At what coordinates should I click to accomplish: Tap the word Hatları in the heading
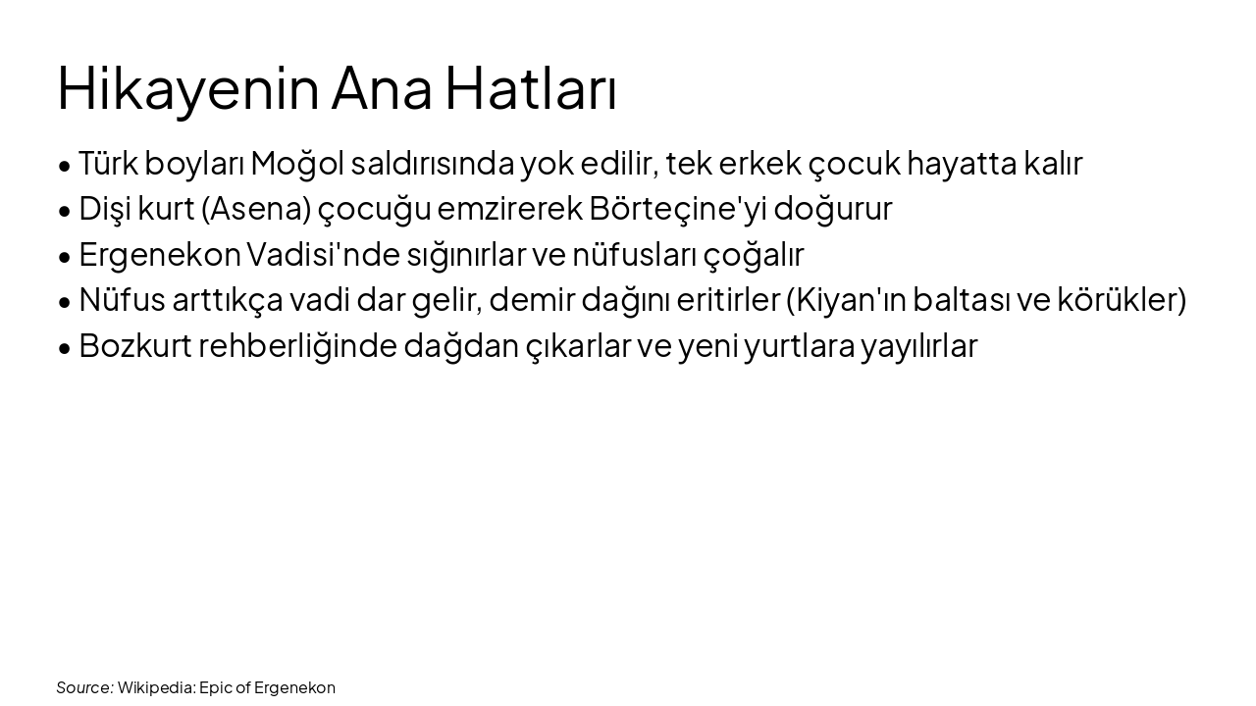pyautogui.click(x=531, y=88)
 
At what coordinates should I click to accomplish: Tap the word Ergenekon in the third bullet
pyautogui.click(x=159, y=255)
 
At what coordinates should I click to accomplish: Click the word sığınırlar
pyautogui.click(x=448, y=255)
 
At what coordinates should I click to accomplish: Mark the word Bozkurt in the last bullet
pyautogui.click(x=134, y=346)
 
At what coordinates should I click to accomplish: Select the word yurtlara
pyautogui.click(x=798, y=346)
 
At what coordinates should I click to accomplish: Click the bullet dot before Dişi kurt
pyautogui.click(x=65, y=211)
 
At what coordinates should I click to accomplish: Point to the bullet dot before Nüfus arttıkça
pyautogui.click(x=65, y=302)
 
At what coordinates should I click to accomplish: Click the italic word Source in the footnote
pyautogui.click(x=83, y=687)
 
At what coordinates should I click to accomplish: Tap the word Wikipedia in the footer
pyautogui.click(x=155, y=687)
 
